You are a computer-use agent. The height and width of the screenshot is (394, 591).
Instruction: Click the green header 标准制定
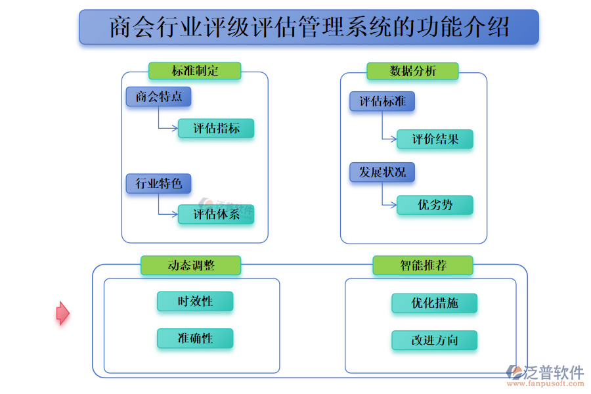pyautogui.click(x=194, y=71)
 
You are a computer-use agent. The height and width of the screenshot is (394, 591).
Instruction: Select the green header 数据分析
pyautogui.click(x=412, y=72)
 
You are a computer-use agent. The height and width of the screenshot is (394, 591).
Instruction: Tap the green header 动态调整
pyautogui.click(x=190, y=265)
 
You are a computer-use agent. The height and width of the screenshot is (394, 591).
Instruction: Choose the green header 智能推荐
pyautogui.click(x=423, y=265)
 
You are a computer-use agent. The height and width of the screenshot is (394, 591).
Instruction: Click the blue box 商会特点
pyautogui.click(x=158, y=97)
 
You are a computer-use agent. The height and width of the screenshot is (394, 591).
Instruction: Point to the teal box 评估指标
pyautogui.click(x=216, y=128)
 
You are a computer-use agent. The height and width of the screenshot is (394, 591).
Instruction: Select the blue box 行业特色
pyautogui.click(x=158, y=183)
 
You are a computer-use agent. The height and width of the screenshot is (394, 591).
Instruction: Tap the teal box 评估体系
pyautogui.click(x=216, y=214)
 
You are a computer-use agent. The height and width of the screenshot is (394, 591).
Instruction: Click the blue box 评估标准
pyautogui.click(x=382, y=102)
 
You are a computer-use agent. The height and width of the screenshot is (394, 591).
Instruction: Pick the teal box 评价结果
pyautogui.click(x=435, y=139)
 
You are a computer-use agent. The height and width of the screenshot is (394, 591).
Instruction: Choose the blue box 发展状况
pyautogui.click(x=382, y=173)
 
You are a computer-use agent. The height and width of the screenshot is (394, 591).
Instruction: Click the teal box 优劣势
pyautogui.click(x=435, y=205)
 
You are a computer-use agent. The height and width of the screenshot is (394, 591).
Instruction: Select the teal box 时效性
pyautogui.click(x=195, y=301)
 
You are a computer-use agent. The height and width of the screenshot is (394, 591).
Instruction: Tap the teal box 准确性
pyautogui.click(x=195, y=339)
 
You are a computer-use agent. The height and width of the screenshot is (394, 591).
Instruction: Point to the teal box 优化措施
pyautogui.click(x=435, y=303)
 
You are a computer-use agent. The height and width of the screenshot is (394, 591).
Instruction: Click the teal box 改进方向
pyautogui.click(x=435, y=340)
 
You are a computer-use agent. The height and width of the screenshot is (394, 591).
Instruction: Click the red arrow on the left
pyautogui.click(x=62, y=313)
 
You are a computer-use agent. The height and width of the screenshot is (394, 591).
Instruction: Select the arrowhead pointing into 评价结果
pyautogui.click(x=393, y=139)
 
